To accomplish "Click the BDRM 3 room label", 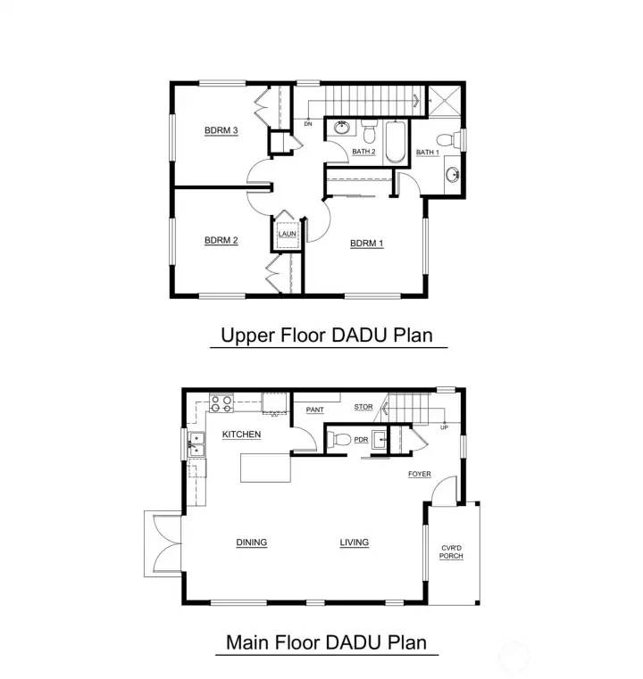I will [221, 131].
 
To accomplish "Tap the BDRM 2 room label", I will [221, 239].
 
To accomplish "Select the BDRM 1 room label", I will [366, 243].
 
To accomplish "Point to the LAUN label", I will [287, 235].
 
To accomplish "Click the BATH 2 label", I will [363, 152].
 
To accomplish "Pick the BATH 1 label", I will [428, 153].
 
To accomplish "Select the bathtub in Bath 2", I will [396, 141].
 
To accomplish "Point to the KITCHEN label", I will [241, 435].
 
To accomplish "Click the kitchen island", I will [266, 467].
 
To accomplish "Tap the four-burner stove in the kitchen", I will [221, 402].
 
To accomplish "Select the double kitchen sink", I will [194, 444].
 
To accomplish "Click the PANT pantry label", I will [314, 410].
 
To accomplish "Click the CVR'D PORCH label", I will [451, 552].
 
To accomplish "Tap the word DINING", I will [252, 542].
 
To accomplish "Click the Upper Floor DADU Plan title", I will [327, 336].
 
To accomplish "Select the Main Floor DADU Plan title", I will [326, 642].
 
